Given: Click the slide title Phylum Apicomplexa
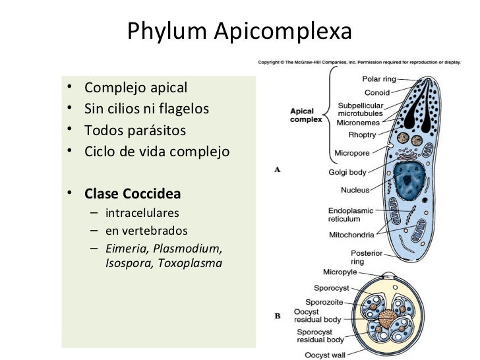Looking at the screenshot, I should (239, 31).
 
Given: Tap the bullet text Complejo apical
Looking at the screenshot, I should (136, 88).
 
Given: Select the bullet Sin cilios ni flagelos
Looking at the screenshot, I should (146, 109).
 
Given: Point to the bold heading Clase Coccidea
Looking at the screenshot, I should (133, 195).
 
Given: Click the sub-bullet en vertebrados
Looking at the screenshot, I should (146, 231).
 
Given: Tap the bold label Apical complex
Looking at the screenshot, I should (307, 115).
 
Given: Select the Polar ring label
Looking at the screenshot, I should (380, 79).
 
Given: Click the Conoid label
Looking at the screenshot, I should (377, 92).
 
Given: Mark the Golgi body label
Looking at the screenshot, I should (347, 173).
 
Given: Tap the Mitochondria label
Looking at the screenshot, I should (351, 235).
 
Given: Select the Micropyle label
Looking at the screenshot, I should (340, 272).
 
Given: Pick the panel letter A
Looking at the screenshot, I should (278, 169).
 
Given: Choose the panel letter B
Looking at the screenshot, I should (278, 316).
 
